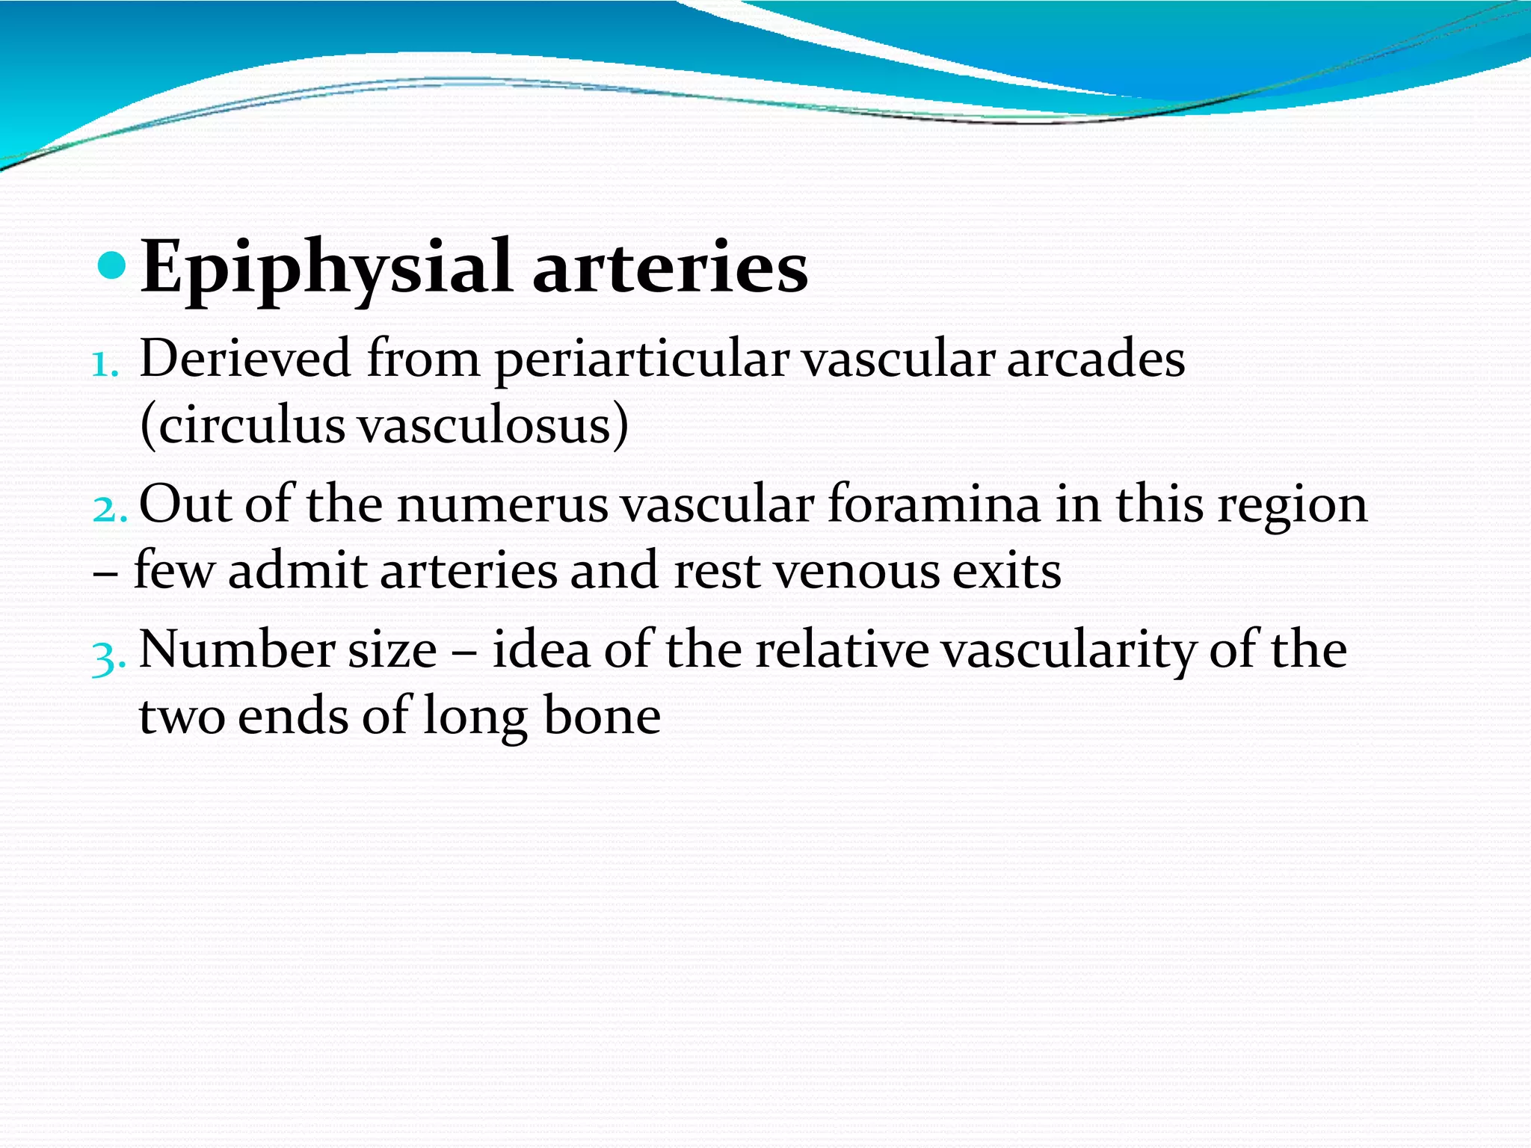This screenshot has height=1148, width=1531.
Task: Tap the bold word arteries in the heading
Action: tap(670, 268)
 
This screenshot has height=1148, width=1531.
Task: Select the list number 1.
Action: tap(104, 365)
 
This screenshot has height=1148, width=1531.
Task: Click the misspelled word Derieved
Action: tap(245, 359)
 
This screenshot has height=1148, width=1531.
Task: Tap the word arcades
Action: tap(1096, 359)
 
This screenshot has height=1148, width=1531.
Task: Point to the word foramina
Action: tap(934, 504)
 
